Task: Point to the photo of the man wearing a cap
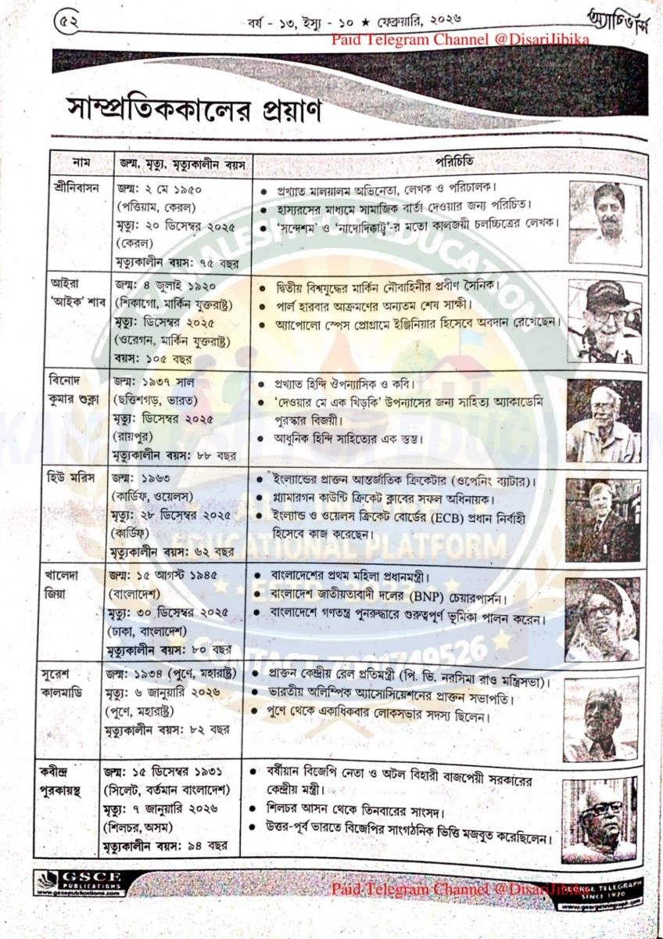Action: coord(604,321)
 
